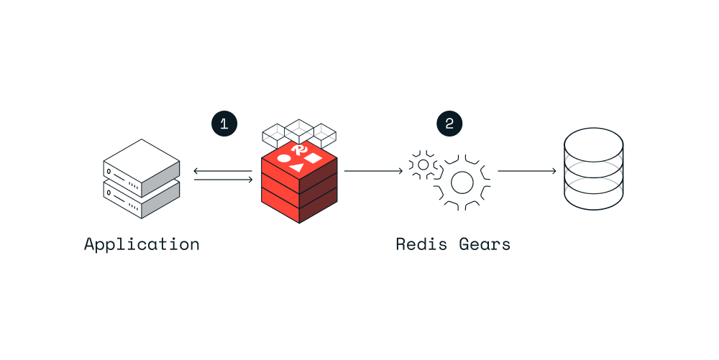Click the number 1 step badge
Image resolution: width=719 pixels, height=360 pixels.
click(x=224, y=124)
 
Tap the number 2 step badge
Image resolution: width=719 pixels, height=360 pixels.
click(x=449, y=124)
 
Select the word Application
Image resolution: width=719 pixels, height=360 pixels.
click(x=142, y=244)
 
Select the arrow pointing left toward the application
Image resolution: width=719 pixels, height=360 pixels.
click(x=223, y=170)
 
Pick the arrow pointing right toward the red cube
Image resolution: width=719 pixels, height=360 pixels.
click(x=223, y=179)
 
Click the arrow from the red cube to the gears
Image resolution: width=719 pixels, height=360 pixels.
click(x=372, y=171)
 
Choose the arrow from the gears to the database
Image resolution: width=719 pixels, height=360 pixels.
click(x=526, y=171)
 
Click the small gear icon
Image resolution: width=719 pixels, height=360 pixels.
click(x=423, y=165)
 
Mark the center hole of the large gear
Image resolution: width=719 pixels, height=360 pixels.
click(x=462, y=183)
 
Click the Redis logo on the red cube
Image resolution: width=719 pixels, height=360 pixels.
click(x=300, y=149)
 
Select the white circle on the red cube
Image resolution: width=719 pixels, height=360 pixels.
click(x=284, y=159)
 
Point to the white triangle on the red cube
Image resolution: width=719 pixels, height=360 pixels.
click(x=297, y=166)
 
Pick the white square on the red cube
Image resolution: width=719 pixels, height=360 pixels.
click(x=313, y=157)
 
